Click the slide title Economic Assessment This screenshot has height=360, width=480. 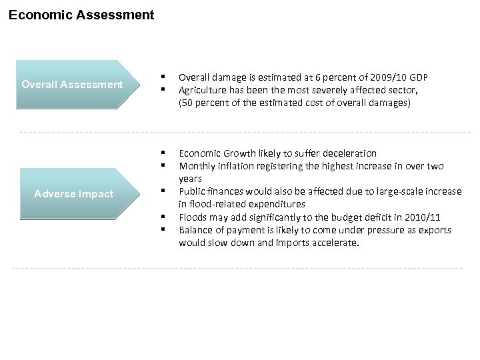click(x=81, y=14)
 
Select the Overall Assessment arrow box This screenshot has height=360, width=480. click(x=72, y=85)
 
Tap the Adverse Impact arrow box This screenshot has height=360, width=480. click(x=74, y=194)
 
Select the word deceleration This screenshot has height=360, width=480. click(x=348, y=153)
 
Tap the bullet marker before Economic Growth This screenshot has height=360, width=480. click(x=162, y=153)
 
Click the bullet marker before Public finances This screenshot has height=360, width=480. click(x=162, y=191)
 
